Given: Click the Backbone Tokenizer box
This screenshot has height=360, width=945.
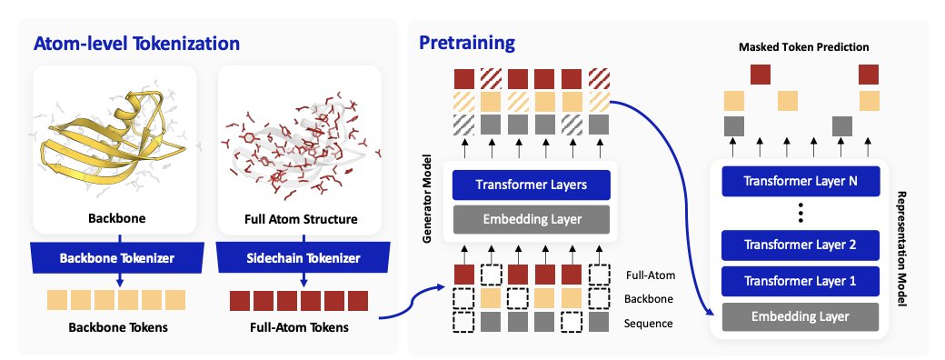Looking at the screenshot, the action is point(117,259).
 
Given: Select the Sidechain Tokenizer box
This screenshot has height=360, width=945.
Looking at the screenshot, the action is point(303,259).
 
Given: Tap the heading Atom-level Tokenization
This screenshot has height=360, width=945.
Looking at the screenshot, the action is point(137,44).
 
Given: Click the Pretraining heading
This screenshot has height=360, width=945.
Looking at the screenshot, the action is point(467,44).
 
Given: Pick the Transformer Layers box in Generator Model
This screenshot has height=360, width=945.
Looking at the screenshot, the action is point(531,185).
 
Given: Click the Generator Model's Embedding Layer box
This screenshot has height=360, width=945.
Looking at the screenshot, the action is point(531,219).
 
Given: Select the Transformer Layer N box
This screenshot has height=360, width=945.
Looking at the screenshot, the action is point(800,182).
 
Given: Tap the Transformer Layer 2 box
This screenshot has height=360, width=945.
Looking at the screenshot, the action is point(800,245).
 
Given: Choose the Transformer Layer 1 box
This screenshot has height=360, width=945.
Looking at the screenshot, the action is point(800,281).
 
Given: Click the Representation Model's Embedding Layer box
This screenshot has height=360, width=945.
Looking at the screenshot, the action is point(800,316).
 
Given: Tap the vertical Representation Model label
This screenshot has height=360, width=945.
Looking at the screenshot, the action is point(902,249).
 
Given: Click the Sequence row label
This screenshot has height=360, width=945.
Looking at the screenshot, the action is point(649,324).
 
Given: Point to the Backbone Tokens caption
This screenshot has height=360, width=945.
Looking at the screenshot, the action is point(117,328).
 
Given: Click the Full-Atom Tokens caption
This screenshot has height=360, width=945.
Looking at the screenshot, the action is point(299,328).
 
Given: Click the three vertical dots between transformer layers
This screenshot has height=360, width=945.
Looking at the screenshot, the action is point(800,214).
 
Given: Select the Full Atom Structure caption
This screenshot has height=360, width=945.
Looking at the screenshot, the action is point(299,218).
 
